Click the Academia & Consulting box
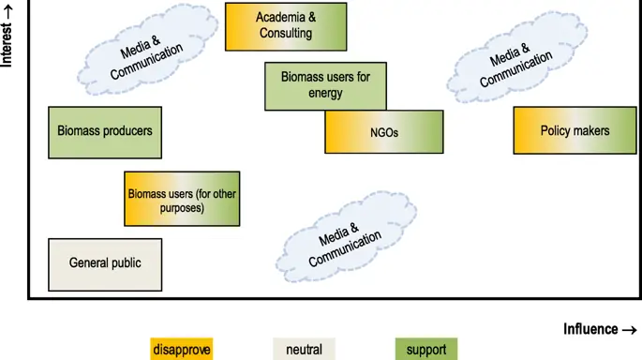(286, 26)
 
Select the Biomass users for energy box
(325, 85)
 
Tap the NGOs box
(383, 132)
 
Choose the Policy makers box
(574, 131)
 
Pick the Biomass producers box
(104, 131)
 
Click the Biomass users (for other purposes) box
(181, 200)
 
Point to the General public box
(105, 263)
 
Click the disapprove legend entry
(181, 350)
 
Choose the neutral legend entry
(304, 350)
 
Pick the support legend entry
(426, 350)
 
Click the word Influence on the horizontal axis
(590, 329)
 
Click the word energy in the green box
(325, 94)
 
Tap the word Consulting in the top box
(286, 34)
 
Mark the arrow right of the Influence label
(630, 329)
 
